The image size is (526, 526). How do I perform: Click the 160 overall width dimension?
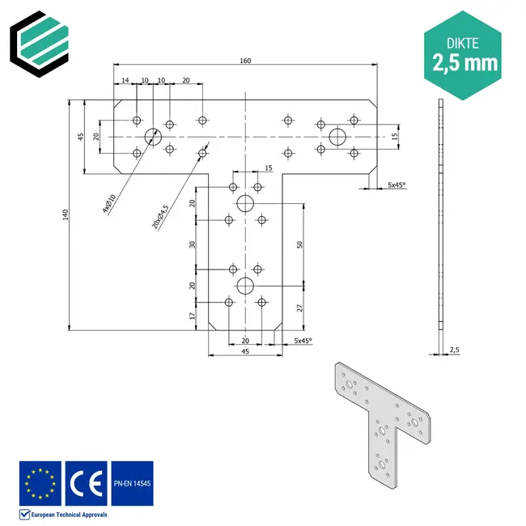246,60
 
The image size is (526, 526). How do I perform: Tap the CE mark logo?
85,483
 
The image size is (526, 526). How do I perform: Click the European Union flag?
40,483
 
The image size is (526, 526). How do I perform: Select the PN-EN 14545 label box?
132,483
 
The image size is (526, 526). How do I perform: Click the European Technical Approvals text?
68,514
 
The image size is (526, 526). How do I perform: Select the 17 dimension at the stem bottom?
193,316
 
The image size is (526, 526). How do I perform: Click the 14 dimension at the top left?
125,81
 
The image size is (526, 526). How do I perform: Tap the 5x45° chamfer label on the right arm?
397,185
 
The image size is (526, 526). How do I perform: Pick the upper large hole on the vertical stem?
245,203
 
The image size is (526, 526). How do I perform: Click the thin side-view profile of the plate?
440,218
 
